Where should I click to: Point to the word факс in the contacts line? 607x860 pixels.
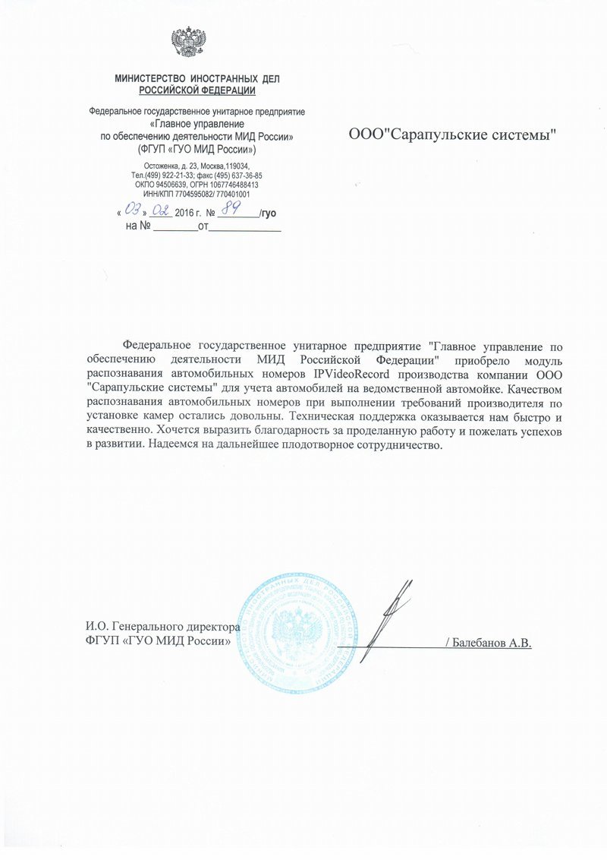205,175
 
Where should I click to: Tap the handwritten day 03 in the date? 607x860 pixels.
133,209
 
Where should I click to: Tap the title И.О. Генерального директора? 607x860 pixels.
162,628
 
